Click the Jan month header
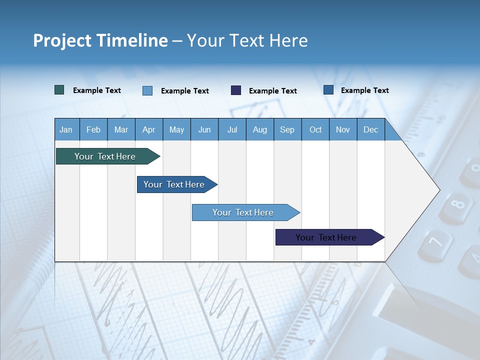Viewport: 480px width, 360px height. (66, 129)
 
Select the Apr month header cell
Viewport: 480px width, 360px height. (148, 129)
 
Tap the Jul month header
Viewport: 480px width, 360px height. (232, 129)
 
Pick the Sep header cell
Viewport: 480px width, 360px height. (287, 129)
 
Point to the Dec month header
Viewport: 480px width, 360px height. (370, 129)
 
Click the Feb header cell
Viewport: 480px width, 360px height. (93, 129)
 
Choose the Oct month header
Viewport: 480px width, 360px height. (315, 129)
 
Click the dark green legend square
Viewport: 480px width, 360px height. (59, 90)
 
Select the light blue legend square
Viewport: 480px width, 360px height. (147, 90)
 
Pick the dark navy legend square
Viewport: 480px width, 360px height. (236, 90)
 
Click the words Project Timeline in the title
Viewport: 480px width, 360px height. (100, 40)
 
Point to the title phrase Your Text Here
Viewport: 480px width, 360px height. (247, 40)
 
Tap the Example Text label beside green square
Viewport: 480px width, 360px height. (97, 90)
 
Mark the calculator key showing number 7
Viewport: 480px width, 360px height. (435, 243)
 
